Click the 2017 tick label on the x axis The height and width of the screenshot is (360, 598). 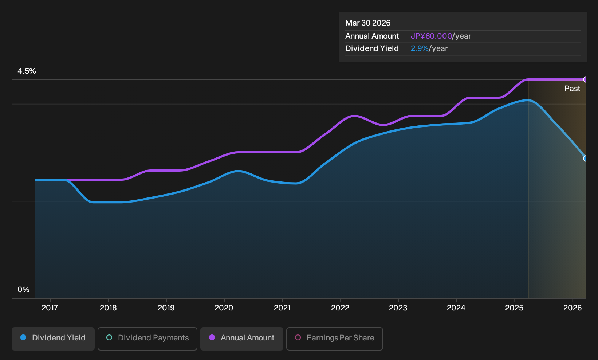[50, 308]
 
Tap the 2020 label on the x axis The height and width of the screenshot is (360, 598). [224, 308]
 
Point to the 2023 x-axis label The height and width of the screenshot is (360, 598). [398, 308]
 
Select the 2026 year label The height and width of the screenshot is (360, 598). [573, 308]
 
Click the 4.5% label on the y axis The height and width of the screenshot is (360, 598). [27, 71]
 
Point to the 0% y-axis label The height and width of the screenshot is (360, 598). [24, 290]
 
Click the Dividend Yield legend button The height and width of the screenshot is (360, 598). [53, 339]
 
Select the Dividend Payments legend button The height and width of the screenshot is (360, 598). [147, 339]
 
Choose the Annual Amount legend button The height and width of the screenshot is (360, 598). [241, 339]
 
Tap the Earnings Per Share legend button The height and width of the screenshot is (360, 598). [334, 339]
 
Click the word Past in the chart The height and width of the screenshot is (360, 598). [572, 89]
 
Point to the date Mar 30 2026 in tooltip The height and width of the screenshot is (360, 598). [368, 23]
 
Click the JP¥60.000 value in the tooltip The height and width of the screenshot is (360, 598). [431, 36]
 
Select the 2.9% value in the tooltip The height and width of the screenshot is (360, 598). [420, 48]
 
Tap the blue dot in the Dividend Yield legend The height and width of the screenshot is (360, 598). [24, 337]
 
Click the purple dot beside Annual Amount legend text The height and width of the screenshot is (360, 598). [212, 337]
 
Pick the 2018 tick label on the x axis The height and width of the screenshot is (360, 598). [108, 308]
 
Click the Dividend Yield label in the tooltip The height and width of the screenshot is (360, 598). [372, 48]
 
